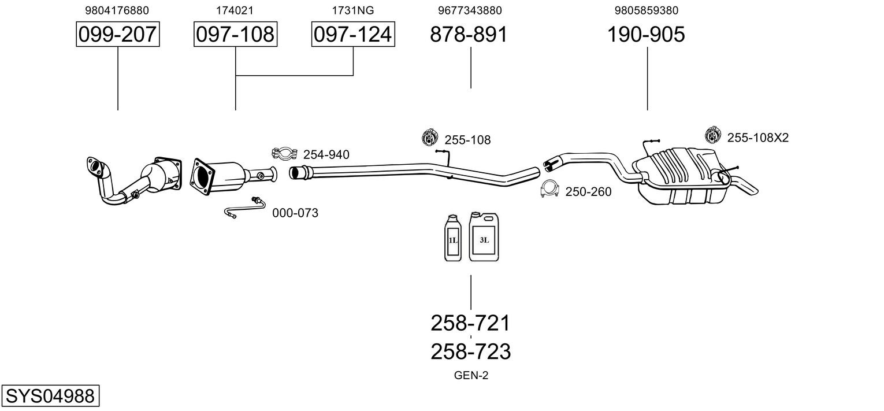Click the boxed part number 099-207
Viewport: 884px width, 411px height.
pyautogui.click(x=118, y=34)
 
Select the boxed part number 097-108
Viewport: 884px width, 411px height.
pyautogui.click(x=235, y=34)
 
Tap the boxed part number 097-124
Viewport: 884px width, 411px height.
pyautogui.click(x=353, y=34)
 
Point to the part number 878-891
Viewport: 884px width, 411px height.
pyautogui.click(x=469, y=34)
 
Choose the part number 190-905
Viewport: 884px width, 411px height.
pyautogui.click(x=646, y=34)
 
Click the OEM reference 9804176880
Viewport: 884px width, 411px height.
pyautogui.click(x=117, y=10)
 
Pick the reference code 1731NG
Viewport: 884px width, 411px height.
pyautogui.click(x=353, y=10)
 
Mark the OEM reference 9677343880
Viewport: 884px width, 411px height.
pyautogui.click(x=470, y=10)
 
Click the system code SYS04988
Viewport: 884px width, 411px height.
pyautogui.click(x=50, y=395)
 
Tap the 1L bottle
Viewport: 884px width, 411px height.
pyautogui.click(x=452, y=238)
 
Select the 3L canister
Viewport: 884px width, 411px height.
pyautogui.click(x=484, y=236)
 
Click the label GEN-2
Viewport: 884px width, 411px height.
pyautogui.click(x=471, y=375)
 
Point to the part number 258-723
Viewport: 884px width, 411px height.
pyautogui.click(x=470, y=351)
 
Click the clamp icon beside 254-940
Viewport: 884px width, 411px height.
pyautogui.click(x=284, y=153)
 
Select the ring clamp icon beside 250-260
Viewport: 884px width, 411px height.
pyautogui.click(x=549, y=188)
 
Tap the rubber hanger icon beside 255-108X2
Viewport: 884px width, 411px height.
pyautogui.click(x=713, y=135)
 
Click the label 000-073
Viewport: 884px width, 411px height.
pyautogui.click(x=295, y=213)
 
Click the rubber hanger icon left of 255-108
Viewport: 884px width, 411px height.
pyautogui.click(x=430, y=137)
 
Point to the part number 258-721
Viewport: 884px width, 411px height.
pyautogui.click(x=470, y=323)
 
